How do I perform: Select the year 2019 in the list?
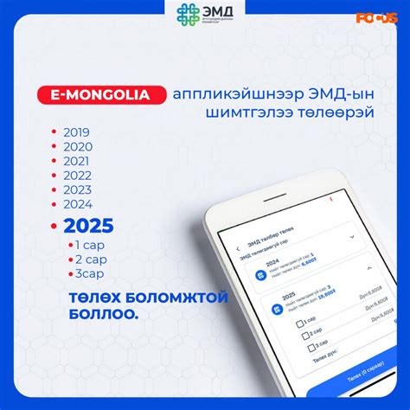76,132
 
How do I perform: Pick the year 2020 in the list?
76,147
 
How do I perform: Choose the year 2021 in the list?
76,161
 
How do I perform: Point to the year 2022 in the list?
76,176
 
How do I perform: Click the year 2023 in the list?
76,189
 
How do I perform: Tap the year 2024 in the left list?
76,204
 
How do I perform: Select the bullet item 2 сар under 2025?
91,259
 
